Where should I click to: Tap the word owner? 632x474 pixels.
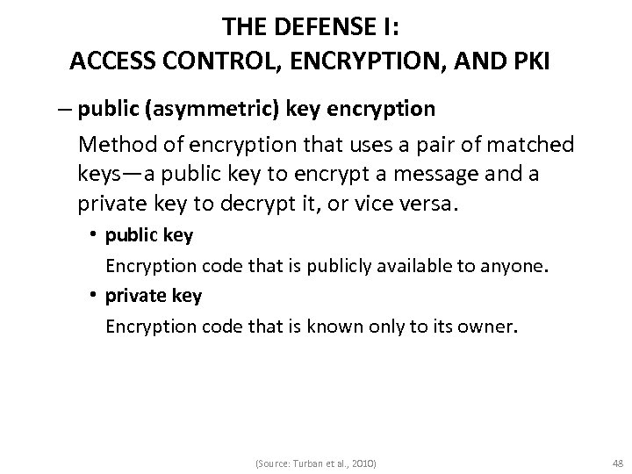click(x=491, y=327)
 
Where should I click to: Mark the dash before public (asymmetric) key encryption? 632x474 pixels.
click(x=62, y=110)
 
